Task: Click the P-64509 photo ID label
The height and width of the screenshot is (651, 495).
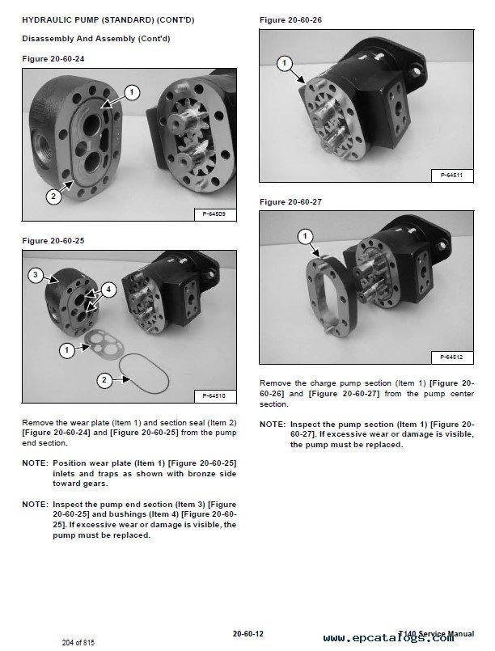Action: [210, 214]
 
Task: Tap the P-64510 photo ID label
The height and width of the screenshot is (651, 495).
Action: [210, 395]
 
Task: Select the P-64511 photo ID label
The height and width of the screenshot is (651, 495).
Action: [451, 175]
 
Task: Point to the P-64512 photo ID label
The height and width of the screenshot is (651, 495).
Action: [451, 357]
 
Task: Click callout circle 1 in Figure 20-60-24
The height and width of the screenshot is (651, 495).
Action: [131, 92]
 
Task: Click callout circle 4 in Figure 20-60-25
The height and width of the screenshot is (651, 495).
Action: [109, 289]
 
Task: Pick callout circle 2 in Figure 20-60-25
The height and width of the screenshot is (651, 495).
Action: [103, 379]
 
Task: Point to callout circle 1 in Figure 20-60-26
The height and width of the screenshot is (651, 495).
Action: [284, 61]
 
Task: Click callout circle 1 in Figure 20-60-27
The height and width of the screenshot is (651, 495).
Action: [305, 237]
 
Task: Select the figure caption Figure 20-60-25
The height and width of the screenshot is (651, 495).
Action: [53, 241]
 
